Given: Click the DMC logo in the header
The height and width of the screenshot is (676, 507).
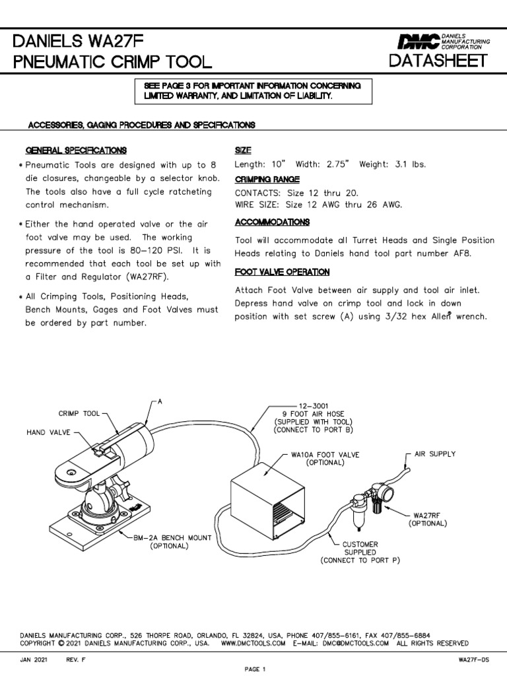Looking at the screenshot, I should click(418, 42).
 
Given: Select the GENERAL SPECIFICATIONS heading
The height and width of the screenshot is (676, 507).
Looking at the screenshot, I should click(76, 151).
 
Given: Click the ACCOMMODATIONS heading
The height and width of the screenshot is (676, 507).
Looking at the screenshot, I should click(272, 222).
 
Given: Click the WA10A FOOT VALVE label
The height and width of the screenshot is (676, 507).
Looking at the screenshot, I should click(324, 455).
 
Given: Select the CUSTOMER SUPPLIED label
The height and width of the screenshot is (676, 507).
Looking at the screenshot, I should click(360, 548).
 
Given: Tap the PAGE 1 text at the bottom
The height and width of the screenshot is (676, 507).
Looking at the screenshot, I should click(254, 668).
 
